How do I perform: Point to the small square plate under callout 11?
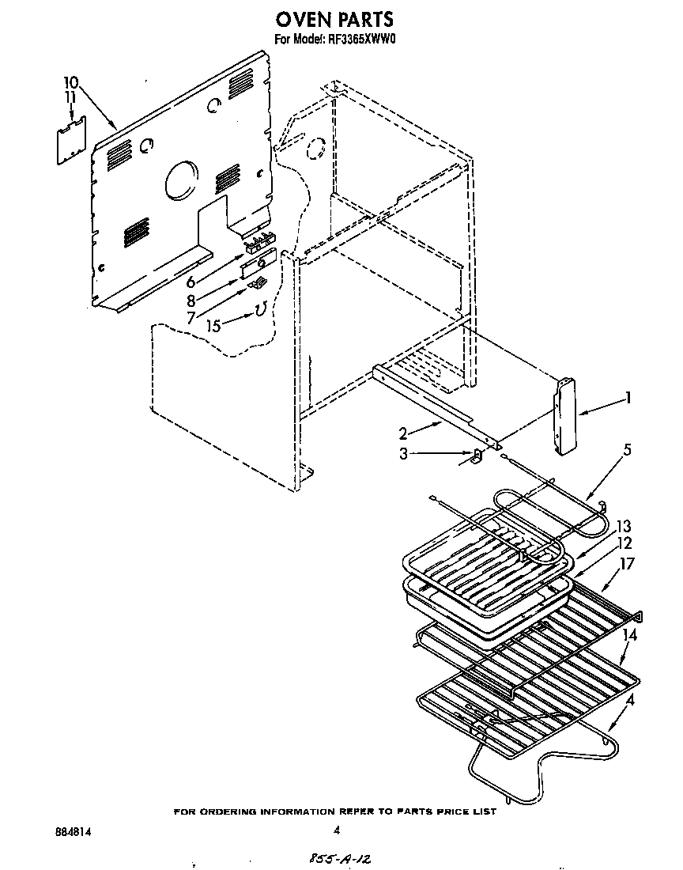(x=72, y=142)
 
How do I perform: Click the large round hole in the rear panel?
(x=183, y=180)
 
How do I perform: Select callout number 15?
(x=213, y=323)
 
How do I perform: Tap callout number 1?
(x=628, y=399)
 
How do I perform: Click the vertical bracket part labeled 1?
(x=564, y=416)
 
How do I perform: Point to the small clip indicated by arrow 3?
(x=477, y=456)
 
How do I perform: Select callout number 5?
(x=627, y=450)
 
